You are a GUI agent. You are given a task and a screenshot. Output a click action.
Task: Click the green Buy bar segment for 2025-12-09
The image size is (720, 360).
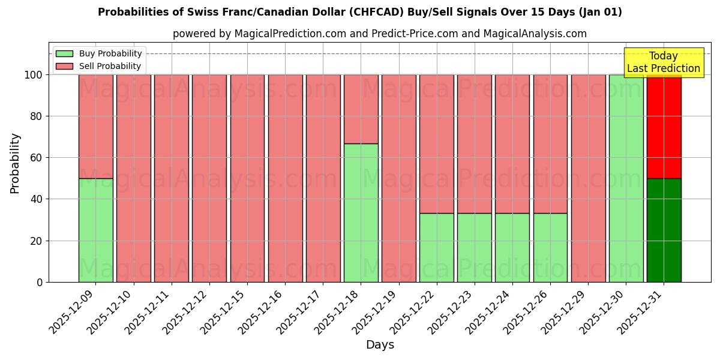(95, 230)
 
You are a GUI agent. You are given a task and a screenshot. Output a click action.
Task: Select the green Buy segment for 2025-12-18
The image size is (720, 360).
(361, 212)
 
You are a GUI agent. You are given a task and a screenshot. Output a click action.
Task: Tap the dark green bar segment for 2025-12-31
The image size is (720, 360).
(664, 230)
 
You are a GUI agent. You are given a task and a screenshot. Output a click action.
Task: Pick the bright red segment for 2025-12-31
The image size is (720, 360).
(664, 127)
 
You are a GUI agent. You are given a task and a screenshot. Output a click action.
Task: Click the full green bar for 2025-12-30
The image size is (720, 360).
(626, 178)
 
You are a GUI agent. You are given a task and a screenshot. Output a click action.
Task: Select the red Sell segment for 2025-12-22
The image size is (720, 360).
(436, 144)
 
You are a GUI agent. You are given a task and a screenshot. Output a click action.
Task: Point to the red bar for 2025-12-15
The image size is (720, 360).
(247, 178)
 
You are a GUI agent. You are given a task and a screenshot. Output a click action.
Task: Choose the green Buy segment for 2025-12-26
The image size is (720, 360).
(550, 247)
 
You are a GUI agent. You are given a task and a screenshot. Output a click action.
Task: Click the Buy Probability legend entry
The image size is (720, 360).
(99, 53)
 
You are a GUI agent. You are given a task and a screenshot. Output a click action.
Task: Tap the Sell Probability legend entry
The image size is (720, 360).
(99, 66)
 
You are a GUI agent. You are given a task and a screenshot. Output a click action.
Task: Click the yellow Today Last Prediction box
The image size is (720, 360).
(663, 62)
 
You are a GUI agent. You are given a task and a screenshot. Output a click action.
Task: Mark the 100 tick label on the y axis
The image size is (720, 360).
(34, 75)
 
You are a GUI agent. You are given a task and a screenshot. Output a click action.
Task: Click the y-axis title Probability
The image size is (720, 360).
(15, 163)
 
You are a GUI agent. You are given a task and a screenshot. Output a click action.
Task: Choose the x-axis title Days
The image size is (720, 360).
(380, 345)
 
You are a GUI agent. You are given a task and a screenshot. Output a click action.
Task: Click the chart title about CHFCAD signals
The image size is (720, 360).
(360, 12)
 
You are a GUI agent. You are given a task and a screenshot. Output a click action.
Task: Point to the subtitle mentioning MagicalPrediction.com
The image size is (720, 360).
(379, 34)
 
